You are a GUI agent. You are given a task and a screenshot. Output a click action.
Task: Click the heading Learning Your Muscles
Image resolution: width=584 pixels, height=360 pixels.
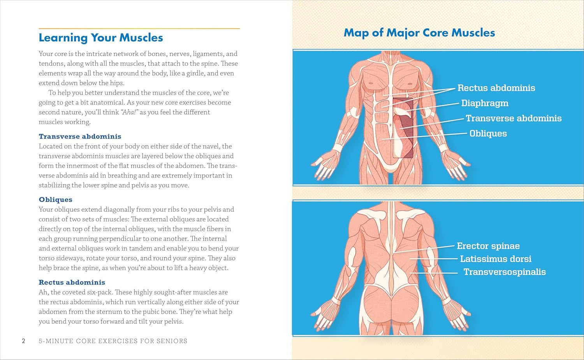pos(101,38)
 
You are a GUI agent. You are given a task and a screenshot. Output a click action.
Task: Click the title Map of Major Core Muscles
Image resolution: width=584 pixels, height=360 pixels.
pos(419,33)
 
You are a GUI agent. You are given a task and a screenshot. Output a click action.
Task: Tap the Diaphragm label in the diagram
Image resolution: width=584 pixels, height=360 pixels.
pos(485,103)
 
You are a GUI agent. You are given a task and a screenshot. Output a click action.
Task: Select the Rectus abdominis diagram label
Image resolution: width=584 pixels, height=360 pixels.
pos(496,88)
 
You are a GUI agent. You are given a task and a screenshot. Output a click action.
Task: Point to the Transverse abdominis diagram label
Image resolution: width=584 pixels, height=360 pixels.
pos(514,118)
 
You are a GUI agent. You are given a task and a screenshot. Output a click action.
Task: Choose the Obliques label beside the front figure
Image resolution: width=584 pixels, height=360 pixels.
pos(488,133)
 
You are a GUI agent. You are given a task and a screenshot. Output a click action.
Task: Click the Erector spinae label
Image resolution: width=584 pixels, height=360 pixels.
pos(488,246)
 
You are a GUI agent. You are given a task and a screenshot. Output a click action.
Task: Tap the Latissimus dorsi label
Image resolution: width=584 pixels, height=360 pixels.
pos(495,259)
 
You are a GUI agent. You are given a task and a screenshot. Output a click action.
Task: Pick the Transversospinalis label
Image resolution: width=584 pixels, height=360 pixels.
pos(504,272)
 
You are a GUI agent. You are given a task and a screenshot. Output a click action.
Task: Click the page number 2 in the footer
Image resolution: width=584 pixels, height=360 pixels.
pos(23,341)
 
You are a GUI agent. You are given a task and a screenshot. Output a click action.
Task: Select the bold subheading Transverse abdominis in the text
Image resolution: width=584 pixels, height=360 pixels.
pos(80,137)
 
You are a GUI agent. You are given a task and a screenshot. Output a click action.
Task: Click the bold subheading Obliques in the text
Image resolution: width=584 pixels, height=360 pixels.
pos(56,200)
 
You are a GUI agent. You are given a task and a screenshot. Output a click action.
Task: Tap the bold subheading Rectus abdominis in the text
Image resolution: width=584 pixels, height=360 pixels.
pos(72,283)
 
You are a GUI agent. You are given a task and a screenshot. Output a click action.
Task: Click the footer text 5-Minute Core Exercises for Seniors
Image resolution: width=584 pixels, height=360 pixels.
pos(113,341)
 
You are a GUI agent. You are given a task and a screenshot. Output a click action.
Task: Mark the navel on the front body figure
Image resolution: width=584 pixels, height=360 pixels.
pos(391,125)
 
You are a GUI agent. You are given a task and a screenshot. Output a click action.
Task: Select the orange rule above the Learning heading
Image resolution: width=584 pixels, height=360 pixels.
pos(139,28)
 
